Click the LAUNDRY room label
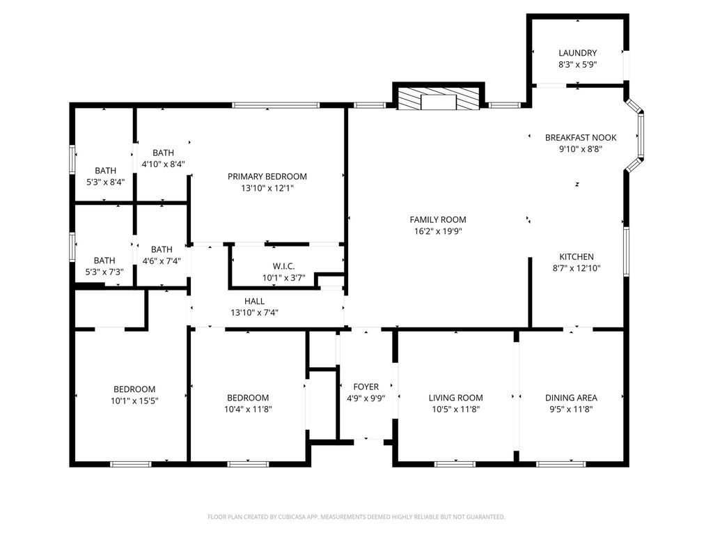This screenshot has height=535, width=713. point(577,53)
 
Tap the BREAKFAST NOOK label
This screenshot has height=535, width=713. point(581,137)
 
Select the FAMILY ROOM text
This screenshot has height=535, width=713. point(438,219)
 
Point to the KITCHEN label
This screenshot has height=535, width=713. point(576,256)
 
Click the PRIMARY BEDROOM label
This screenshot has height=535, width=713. point(267,176)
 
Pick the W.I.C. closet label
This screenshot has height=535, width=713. point(284,266)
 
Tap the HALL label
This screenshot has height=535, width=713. point(255,301)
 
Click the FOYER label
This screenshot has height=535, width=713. point(366,387)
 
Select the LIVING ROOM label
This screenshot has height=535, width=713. point(455,398)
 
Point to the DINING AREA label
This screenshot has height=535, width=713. point(571,398)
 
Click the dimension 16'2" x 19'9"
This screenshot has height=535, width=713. point(438,231)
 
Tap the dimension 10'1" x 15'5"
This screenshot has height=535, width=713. point(134,401)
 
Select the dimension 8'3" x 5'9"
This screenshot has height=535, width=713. point(577,65)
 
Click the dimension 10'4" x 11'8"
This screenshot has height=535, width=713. point(248,409)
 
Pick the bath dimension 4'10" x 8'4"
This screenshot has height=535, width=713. point(163,164)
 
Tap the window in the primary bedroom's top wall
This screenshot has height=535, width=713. point(276,105)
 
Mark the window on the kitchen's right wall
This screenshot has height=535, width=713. point(626,251)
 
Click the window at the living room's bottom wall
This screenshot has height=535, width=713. point(455,464)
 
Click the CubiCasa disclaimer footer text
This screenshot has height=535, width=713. point(356,517)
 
